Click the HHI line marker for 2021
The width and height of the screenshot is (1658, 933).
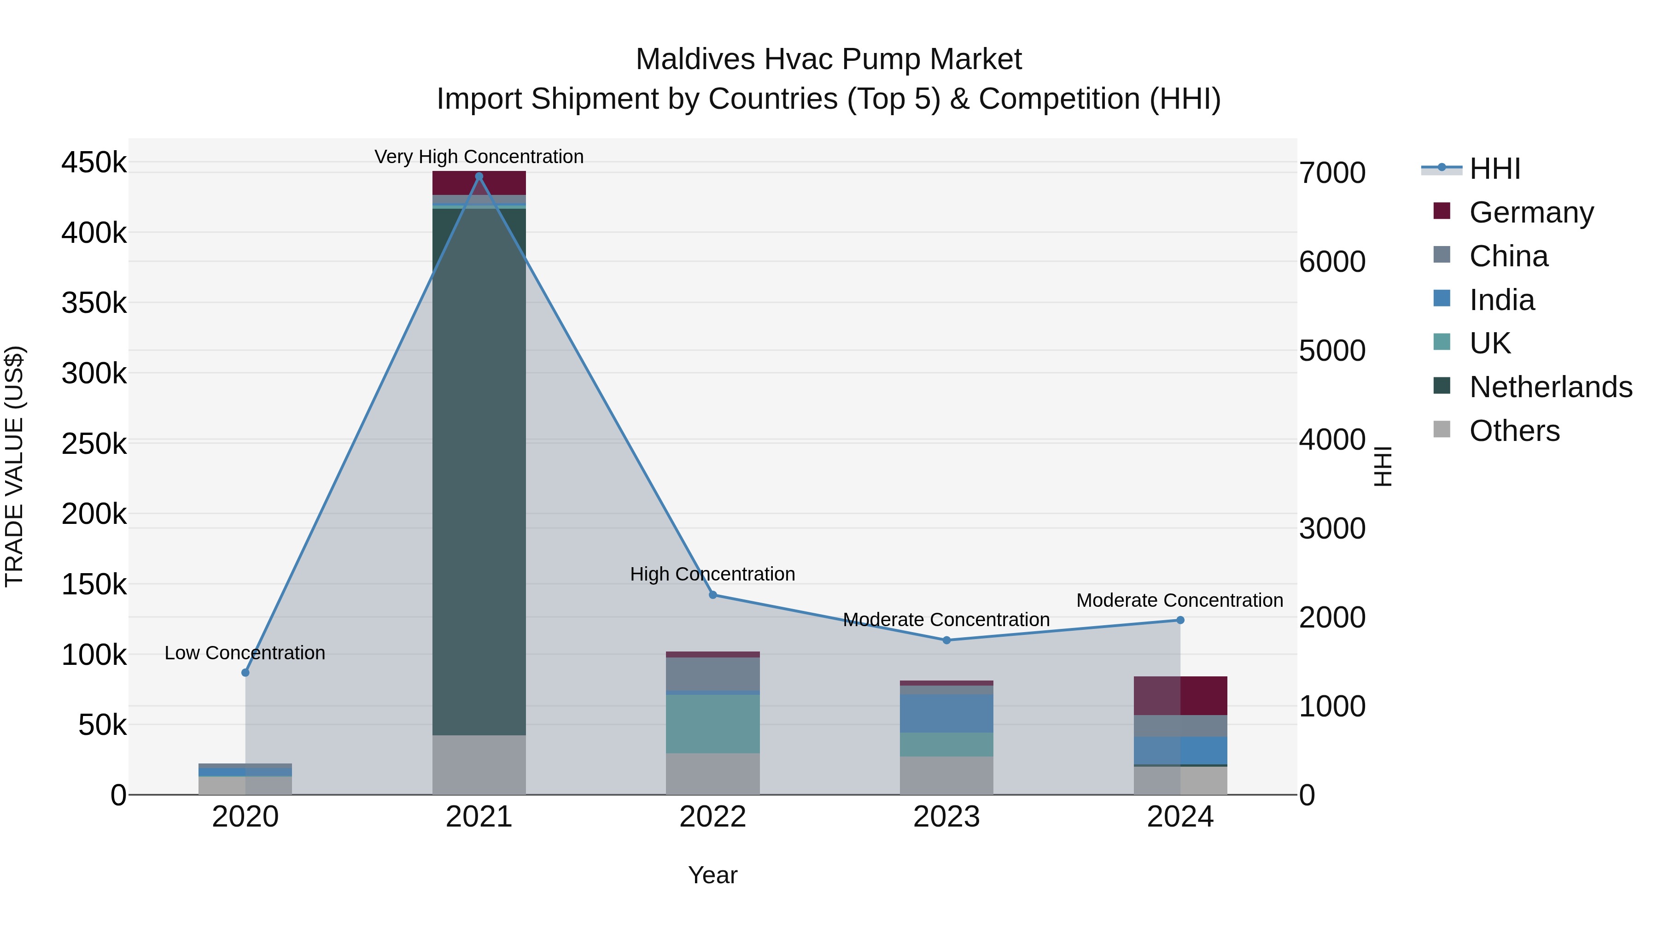(x=479, y=176)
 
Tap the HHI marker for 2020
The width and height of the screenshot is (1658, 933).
(x=245, y=673)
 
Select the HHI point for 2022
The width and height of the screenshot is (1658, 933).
(x=712, y=595)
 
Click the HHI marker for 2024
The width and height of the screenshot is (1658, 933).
(x=1180, y=620)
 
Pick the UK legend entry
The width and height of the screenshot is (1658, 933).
(x=1489, y=343)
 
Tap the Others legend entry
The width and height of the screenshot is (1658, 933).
(x=1514, y=431)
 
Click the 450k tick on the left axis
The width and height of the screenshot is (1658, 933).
(x=94, y=162)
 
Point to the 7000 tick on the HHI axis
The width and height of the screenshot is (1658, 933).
(x=1331, y=173)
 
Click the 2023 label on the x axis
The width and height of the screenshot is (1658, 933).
(x=946, y=817)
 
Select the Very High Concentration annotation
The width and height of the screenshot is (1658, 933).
(x=479, y=157)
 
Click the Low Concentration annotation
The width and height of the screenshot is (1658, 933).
(x=245, y=653)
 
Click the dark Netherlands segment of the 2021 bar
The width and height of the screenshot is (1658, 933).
(x=479, y=470)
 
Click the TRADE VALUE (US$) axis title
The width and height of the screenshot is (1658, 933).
(x=14, y=466)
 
